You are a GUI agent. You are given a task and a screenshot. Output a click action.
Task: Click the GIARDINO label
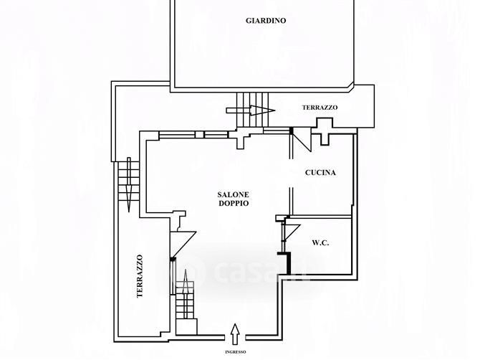265,22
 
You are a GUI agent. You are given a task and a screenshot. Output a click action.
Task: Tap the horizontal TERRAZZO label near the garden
320,108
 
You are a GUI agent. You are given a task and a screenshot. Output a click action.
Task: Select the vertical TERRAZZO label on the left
140,276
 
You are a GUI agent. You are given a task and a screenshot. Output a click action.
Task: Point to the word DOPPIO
234,204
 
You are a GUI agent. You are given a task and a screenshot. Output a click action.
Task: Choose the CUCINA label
320,173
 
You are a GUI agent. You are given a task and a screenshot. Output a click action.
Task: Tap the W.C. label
320,243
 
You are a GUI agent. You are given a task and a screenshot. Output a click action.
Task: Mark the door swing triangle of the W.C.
290,231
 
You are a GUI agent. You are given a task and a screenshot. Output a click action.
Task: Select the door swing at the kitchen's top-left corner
301,139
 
